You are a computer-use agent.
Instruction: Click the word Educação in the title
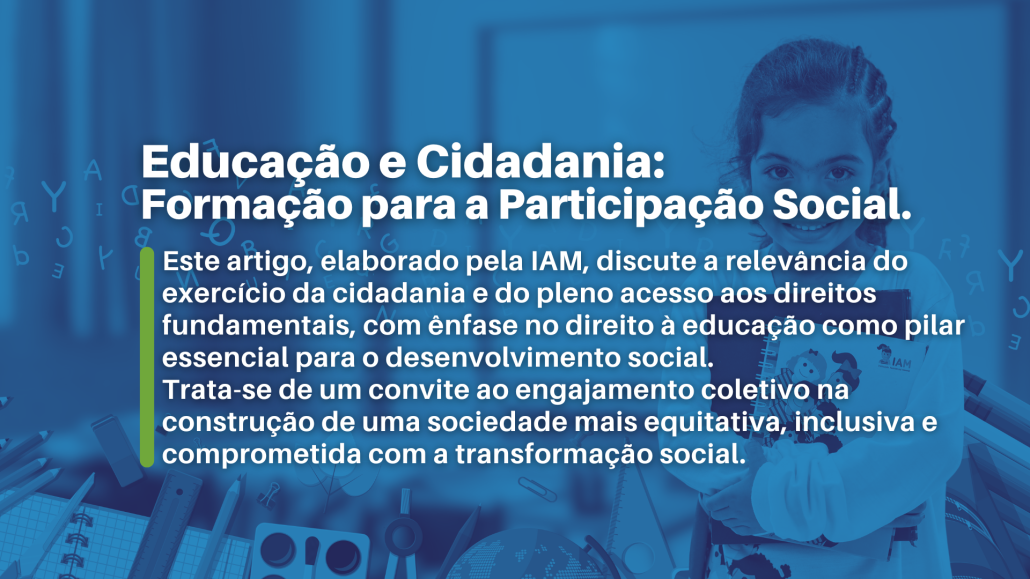tap(255, 162)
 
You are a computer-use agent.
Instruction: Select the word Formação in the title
tap(247, 204)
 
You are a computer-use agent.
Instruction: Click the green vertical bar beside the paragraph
tap(147, 358)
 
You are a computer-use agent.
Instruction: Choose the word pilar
tap(935, 326)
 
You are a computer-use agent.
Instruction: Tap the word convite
tap(421, 390)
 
